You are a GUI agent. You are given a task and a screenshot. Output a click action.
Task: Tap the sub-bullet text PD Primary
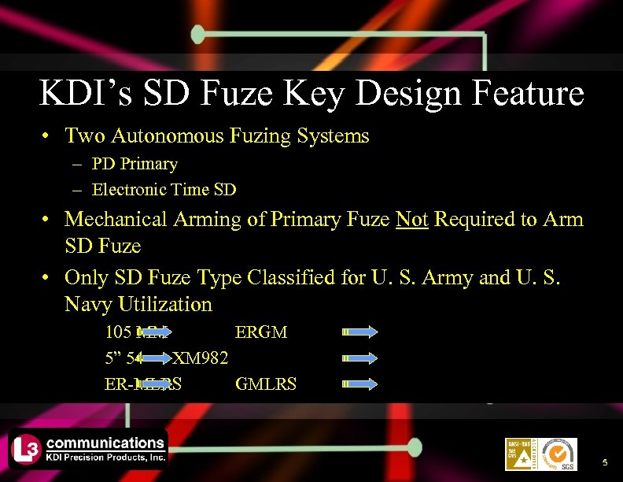point(135,164)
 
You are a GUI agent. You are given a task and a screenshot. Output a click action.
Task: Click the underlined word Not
point(412,219)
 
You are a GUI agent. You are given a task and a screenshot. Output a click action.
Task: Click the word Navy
point(88,304)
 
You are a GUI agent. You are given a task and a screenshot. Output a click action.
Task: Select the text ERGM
point(261,332)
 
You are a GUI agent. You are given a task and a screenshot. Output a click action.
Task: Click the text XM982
point(201,358)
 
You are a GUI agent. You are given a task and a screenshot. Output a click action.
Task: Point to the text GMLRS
point(266,384)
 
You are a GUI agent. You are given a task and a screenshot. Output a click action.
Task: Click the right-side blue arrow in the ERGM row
point(361,332)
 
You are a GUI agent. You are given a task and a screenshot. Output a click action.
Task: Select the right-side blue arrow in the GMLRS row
point(361,384)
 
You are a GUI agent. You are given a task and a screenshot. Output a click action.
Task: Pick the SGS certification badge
point(558,454)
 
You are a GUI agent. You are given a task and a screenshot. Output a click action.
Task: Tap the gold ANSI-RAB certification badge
point(520,454)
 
